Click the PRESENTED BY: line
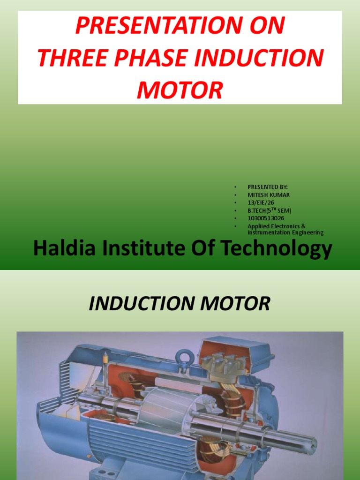click(x=268, y=187)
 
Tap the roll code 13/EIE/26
click(x=261, y=202)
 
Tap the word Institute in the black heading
click(x=153, y=249)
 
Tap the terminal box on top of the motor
click(x=234, y=356)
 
